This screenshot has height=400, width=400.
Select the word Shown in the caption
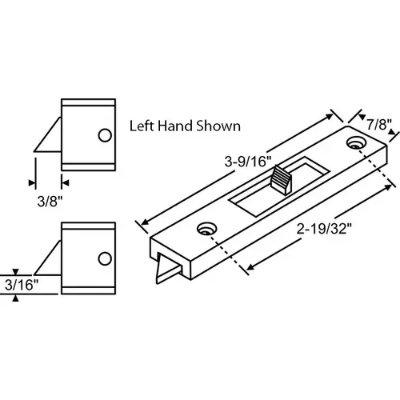(x=220, y=126)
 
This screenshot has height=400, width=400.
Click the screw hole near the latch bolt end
(x=207, y=229)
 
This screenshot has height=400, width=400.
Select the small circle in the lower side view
(x=103, y=258)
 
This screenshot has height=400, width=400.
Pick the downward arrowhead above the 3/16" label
(x=17, y=270)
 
